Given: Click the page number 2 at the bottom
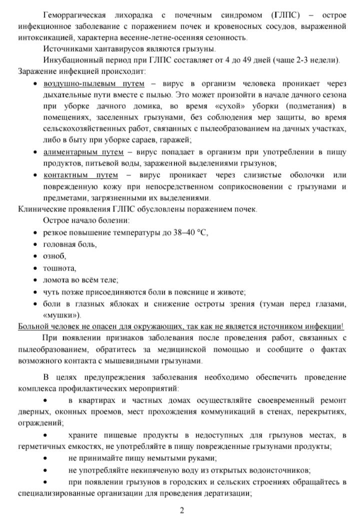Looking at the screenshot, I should (x=182, y=510).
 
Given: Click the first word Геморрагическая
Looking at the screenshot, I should (x=74, y=14).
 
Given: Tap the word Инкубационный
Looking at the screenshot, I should (x=73, y=60).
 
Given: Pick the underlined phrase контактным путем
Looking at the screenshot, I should (x=80, y=175).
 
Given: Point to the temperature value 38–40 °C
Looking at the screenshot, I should (x=187, y=232).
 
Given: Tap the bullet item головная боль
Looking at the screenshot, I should (x=70, y=244).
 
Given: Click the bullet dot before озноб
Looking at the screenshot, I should (x=35, y=256).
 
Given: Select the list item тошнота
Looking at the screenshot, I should (x=59, y=268).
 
